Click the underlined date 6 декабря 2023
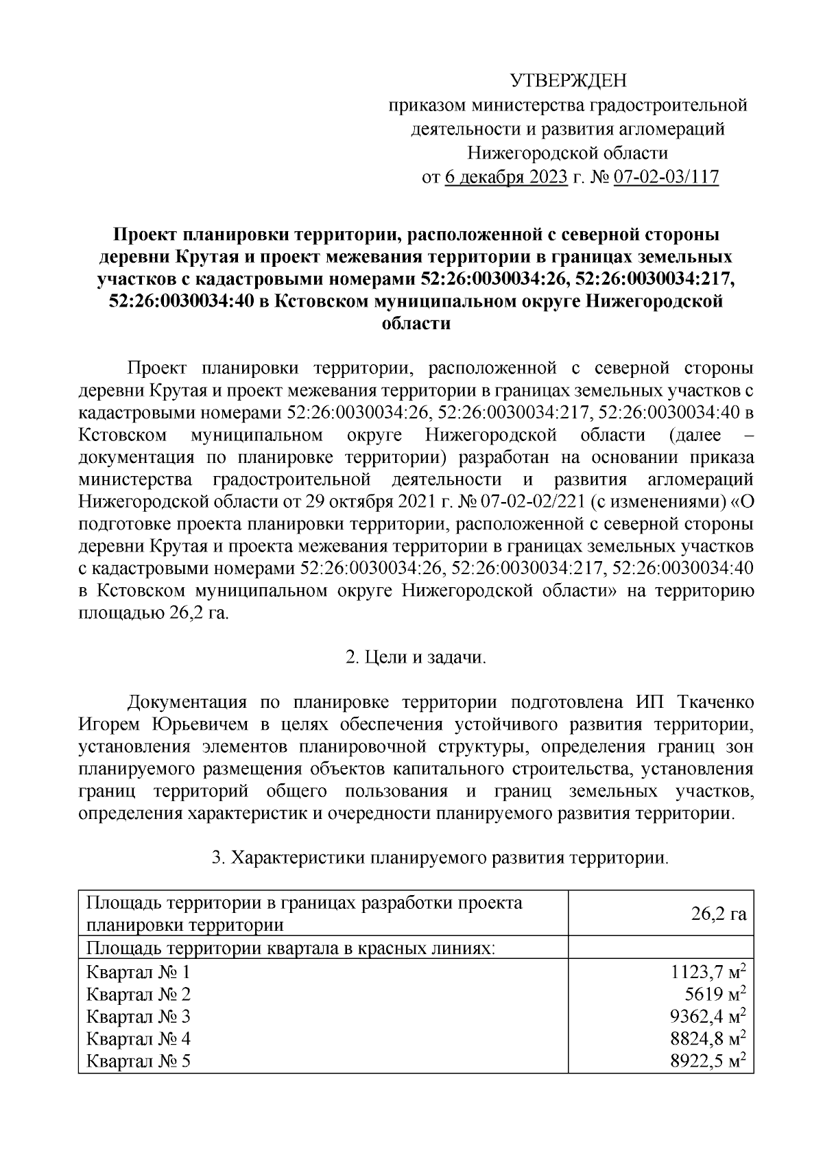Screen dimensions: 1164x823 click(506, 178)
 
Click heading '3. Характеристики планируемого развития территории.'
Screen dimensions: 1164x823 click(440, 858)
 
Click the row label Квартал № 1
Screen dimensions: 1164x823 click(138, 972)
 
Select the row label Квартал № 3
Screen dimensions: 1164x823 click(138, 1017)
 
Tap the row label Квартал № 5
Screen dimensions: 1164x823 click(138, 1061)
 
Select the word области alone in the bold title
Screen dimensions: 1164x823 click(416, 324)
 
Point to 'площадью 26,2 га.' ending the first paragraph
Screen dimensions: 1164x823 click(154, 613)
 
